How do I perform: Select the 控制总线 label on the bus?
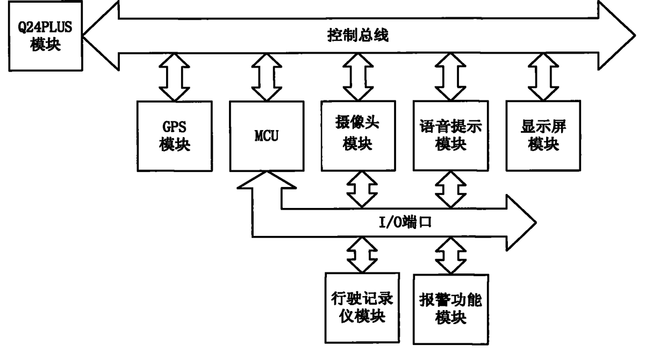click(357, 37)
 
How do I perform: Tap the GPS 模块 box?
click(175, 136)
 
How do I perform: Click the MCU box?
click(268, 136)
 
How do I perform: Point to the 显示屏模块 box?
click(543, 136)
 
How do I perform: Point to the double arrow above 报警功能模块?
click(450, 255)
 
